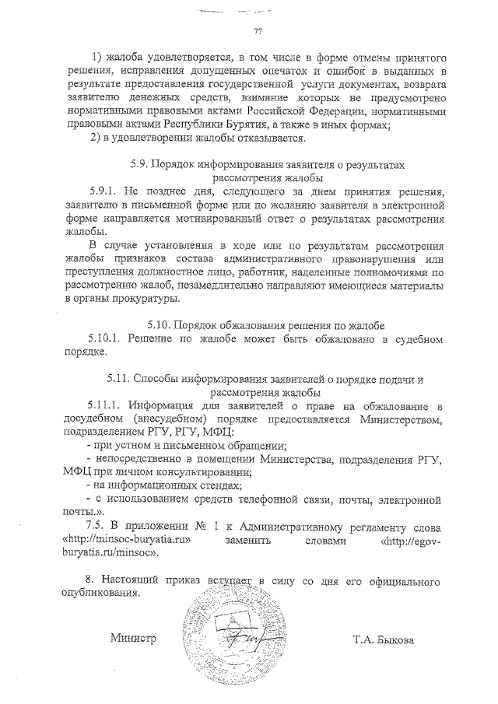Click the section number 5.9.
[x=137, y=165]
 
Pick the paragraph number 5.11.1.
[x=107, y=406]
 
